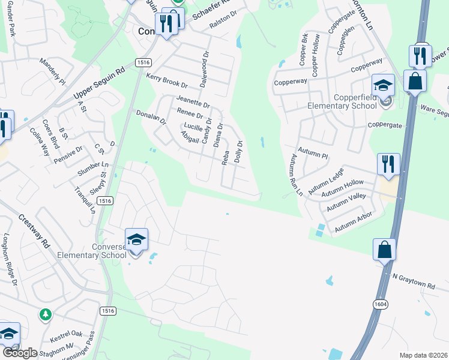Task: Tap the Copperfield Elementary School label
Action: tap(341, 101)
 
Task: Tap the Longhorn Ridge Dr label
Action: tap(9, 259)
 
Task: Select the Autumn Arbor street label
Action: tap(354, 222)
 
